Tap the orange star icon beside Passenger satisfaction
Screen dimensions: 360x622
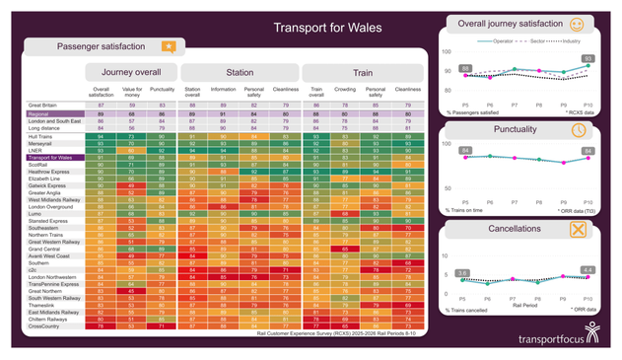(x=169, y=46)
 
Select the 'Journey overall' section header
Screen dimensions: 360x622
(x=131, y=73)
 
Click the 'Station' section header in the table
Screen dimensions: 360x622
(x=239, y=73)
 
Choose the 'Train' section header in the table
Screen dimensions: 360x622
(x=363, y=73)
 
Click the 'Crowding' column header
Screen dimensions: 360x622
(x=345, y=91)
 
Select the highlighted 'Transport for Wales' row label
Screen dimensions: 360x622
(x=50, y=157)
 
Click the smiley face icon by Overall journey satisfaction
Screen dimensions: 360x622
(x=604, y=24)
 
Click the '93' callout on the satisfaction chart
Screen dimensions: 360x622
(x=587, y=59)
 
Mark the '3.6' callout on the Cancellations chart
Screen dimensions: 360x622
(x=463, y=271)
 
